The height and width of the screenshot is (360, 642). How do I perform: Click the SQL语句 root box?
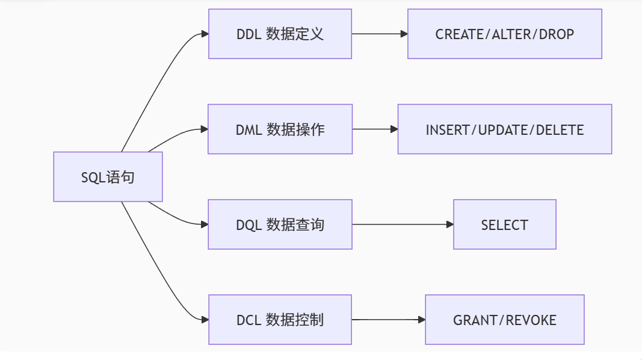108,176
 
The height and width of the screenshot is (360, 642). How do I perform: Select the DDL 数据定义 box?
280,34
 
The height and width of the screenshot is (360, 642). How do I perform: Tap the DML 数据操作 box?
280,129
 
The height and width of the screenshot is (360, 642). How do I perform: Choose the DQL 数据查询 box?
280,225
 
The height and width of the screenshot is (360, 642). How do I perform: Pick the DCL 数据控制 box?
280,320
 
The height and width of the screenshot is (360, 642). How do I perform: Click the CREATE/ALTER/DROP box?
504,34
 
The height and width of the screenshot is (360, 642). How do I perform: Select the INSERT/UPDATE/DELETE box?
504,129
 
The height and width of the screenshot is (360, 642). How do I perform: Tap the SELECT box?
504,225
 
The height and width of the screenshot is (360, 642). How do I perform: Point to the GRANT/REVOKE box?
504,320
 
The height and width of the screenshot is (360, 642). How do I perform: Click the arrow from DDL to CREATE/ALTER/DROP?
379,34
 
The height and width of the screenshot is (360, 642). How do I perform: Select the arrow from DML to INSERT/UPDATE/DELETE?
374,129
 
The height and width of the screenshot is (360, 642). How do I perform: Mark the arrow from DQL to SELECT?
402,225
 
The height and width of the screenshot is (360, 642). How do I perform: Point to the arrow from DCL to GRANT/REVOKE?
388,320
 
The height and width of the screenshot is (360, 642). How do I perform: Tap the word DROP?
556,34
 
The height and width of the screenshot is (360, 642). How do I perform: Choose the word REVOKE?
531,320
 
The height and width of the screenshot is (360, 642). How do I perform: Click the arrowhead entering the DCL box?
205,320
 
